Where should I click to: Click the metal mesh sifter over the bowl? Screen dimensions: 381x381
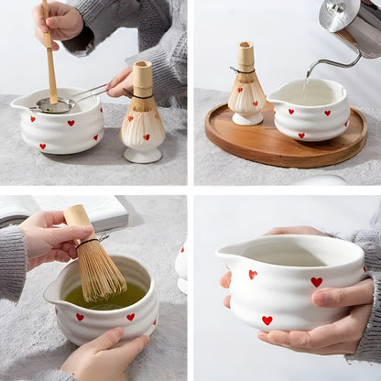coord(57,105)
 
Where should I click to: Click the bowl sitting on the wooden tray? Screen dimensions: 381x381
coord(311,112)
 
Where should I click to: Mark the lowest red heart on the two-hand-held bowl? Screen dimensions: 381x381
coord(267,321)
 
